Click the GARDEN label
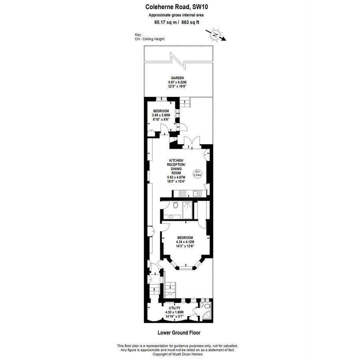pos(177,78)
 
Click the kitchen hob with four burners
pos(182,194)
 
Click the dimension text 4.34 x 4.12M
pos(185,242)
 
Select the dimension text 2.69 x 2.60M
pos(160,115)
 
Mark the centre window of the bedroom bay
pos(185,267)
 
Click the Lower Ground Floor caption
pos(179,332)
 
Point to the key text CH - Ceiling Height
pos(150,39)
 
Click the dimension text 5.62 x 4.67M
pos(176,177)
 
